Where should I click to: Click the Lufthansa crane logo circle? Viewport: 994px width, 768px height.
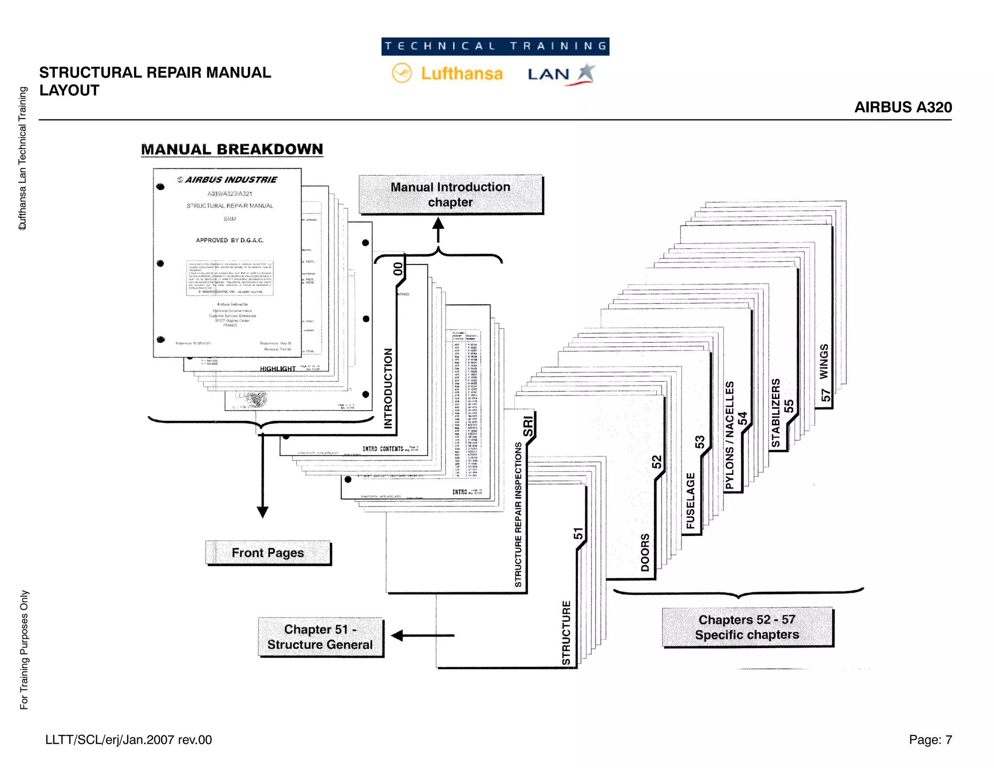pyautogui.click(x=401, y=73)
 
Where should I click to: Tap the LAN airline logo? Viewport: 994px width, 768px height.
pyautogui.click(x=561, y=74)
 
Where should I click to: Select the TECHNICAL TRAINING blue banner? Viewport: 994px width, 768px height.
pyautogui.click(x=495, y=46)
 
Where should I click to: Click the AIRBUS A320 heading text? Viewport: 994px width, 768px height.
pyautogui.click(x=903, y=107)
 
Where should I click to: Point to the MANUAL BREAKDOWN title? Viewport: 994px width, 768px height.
pyautogui.click(x=232, y=149)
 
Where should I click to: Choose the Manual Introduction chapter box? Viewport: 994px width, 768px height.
pyautogui.click(x=450, y=194)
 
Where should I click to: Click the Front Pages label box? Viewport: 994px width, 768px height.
pyautogui.click(x=268, y=553)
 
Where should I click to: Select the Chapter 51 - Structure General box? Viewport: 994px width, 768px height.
pyautogui.click(x=320, y=637)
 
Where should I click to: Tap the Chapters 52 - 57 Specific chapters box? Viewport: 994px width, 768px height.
pyautogui.click(x=747, y=627)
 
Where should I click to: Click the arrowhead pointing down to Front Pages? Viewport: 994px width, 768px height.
pyautogui.click(x=263, y=512)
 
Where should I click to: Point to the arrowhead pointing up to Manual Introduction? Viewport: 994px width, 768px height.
pyautogui.click(x=438, y=223)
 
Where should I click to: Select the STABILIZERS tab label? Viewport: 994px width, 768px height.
pyautogui.click(x=776, y=413)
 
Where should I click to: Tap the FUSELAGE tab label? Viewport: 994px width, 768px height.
pyautogui.click(x=690, y=501)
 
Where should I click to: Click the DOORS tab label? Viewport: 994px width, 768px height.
pyautogui.click(x=645, y=552)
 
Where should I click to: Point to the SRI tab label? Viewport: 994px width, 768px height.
pyautogui.click(x=528, y=426)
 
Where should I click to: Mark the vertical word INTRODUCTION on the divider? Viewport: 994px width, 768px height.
pyautogui.click(x=388, y=388)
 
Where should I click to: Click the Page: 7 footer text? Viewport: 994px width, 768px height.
pyautogui.click(x=930, y=740)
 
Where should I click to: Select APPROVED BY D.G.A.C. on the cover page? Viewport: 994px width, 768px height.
pyautogui.click(x=230, y=240)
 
